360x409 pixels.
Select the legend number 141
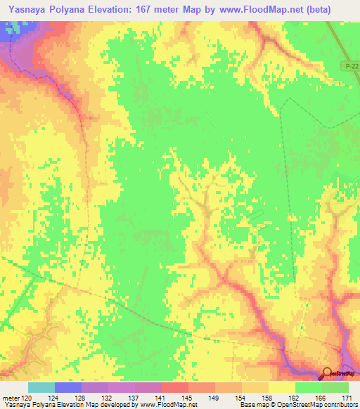click(161, 397)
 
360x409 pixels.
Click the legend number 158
click(269, 397)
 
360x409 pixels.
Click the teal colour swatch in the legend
click(41, 387)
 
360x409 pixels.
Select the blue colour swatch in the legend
click(68, 387)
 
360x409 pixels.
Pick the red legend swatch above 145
click(175, 387)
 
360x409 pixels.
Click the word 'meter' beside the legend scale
click(12, 397)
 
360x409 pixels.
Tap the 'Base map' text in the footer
click(252, 405)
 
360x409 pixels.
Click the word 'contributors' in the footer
click(338, 405)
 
